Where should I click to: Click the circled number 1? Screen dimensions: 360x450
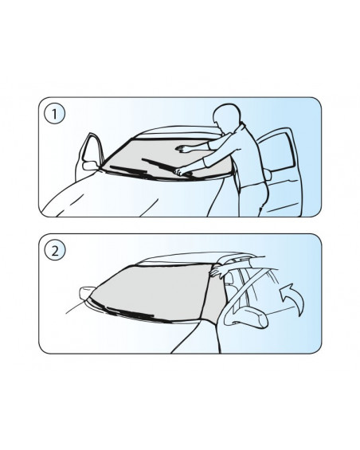[54, 114]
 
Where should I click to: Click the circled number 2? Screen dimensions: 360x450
[54, 250]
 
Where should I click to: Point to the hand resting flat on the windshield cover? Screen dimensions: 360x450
[182, 148]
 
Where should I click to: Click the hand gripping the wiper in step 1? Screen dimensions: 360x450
[180, 172]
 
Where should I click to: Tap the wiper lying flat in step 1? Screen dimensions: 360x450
[128, 170]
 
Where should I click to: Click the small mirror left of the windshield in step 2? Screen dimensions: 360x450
[86, 293]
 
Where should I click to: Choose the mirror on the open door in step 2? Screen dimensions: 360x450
[247, 317]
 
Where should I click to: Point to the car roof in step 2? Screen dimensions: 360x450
[195, 257]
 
